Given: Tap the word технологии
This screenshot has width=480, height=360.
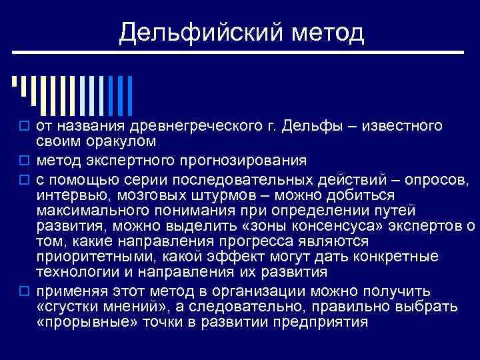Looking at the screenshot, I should click(x=73, y=273).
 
